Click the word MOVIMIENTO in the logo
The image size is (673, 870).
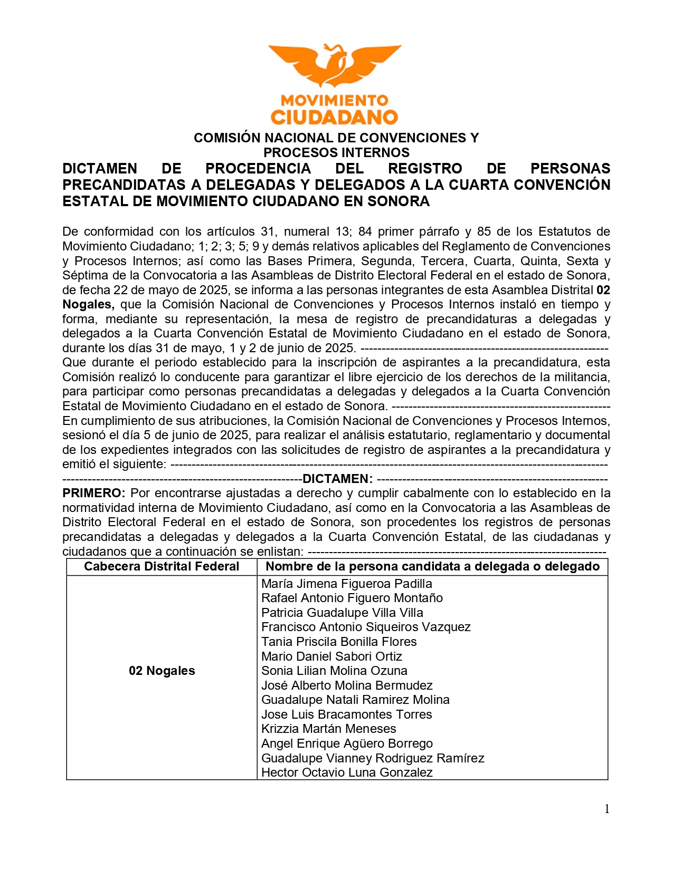point(335,100)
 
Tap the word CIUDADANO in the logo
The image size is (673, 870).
point(335,117)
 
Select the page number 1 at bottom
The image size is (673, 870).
point(607,809)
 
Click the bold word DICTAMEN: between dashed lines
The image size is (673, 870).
point(338,479)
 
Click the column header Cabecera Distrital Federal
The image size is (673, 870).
point(162,566)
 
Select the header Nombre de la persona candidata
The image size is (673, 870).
point(432,566)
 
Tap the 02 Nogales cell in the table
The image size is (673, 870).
point(162,671)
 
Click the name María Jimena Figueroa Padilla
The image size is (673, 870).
point(346,584)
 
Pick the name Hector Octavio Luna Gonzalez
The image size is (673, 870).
point(347,772)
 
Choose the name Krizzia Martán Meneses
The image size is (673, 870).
point(328,729)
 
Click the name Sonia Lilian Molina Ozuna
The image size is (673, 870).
point(334,671)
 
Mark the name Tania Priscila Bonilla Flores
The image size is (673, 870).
point(339,642)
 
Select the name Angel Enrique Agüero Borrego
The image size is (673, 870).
point(347,743)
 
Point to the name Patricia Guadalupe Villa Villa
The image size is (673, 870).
point(342,613)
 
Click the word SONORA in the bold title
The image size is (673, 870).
point(398,201)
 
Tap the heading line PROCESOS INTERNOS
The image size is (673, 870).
point(336,152)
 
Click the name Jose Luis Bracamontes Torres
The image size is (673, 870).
point(346,714)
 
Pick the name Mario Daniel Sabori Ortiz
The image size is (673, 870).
point(331,656)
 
